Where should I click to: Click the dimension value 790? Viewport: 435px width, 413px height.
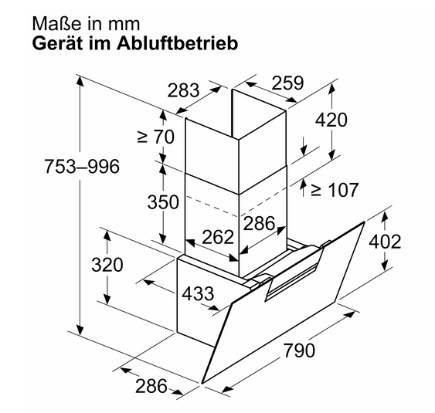(299, 350)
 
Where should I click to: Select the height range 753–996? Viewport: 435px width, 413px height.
(82, 167)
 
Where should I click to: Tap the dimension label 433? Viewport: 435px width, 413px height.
(198, 293)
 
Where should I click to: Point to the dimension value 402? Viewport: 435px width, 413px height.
(385, 242)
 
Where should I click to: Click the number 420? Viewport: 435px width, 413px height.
(331, 120)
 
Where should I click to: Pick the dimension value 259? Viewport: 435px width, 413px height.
(287, 83)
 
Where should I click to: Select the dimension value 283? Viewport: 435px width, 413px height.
(183, 90)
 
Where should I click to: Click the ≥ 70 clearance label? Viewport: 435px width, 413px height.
(156, 137)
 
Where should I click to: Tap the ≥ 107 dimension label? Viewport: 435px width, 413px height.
(335, 190)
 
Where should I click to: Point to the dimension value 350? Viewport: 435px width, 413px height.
(163, 201)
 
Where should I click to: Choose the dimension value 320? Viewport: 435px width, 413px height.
(107, 265)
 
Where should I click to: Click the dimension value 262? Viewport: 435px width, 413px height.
(218, 237)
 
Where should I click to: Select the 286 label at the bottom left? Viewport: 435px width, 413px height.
(151, 385)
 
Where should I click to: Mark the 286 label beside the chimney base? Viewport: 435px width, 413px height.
(259, 223)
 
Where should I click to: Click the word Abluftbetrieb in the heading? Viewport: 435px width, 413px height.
(177, 43)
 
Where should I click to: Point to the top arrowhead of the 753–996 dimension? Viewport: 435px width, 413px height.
(80, 80)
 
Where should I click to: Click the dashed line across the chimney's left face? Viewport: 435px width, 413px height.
(212, 206)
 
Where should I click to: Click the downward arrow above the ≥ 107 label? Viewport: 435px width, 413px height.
(304, 146)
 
